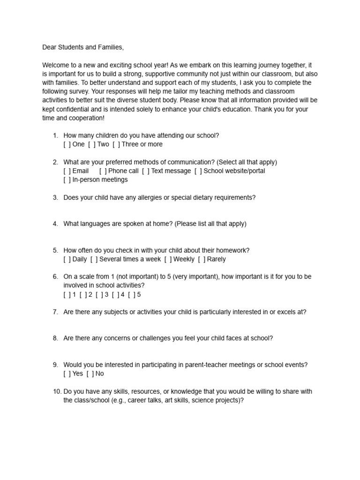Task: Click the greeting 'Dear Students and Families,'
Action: [83, 47]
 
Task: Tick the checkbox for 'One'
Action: [67, 144]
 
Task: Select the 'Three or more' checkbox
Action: [116, 144]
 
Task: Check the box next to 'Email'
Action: [67, 171]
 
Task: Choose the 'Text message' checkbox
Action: [146, 171]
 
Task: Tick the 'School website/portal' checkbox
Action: [198, 171]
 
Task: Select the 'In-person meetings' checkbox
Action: [67, 180]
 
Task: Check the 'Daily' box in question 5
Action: [67, 259]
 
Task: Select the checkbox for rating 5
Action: [131, 295]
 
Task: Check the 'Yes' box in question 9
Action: [67, 374]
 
